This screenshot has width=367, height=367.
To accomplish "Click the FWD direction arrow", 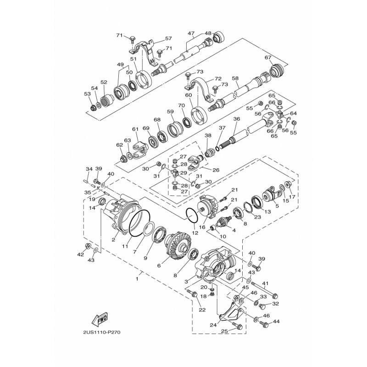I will click(100, 319).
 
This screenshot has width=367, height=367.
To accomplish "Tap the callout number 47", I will click(191, 34).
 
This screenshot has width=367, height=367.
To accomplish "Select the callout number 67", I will click(268, 57).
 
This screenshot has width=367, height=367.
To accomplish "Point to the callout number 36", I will click(236, 119).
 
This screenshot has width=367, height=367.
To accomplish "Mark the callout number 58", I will click(235, 79).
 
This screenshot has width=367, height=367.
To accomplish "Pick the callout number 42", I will click(81, 254).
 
